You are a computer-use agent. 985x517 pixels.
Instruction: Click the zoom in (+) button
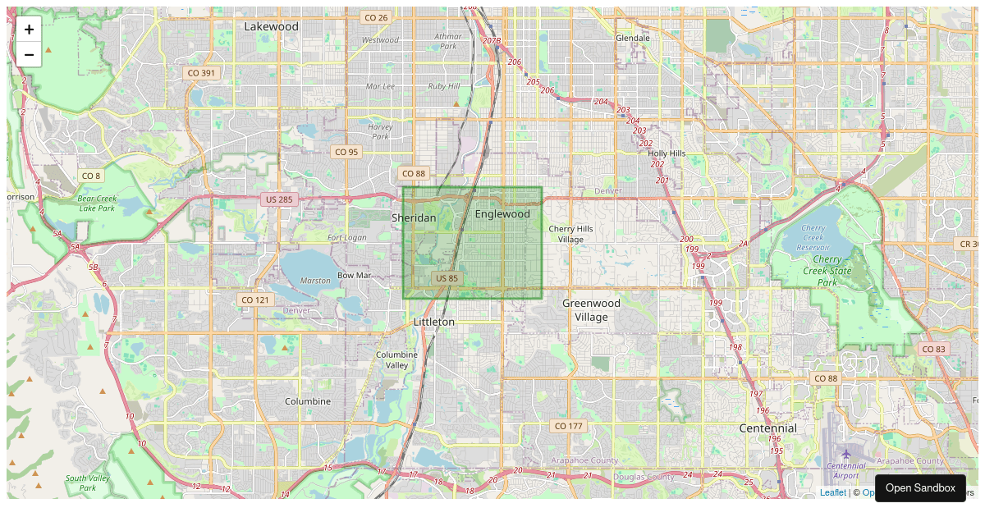click(29, 30)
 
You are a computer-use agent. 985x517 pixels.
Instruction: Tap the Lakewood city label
click(272, 26)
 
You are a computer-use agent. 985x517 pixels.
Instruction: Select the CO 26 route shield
click(376, 17)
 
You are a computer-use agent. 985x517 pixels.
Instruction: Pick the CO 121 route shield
click(255, 300)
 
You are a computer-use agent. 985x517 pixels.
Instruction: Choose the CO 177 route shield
click(568, 426)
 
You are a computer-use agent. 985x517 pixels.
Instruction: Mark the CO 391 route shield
click(201, 72)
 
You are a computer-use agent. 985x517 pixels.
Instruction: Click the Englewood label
click(502, 214)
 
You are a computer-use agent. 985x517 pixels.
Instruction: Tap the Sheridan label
click(414, 217)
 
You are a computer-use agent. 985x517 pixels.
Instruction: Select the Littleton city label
click(434, 322)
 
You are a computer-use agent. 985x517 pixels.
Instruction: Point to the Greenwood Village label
click(591, 309)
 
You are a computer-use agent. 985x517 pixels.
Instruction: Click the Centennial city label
click(767, 428)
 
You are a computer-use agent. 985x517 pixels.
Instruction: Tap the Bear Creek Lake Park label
click(98, 203)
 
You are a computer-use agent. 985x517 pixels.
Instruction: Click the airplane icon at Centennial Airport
click(845, 454)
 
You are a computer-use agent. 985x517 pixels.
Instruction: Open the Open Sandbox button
click(920, 488)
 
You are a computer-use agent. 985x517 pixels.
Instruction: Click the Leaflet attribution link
click(832, 492)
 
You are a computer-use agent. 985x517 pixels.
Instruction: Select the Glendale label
click(633, 38)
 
